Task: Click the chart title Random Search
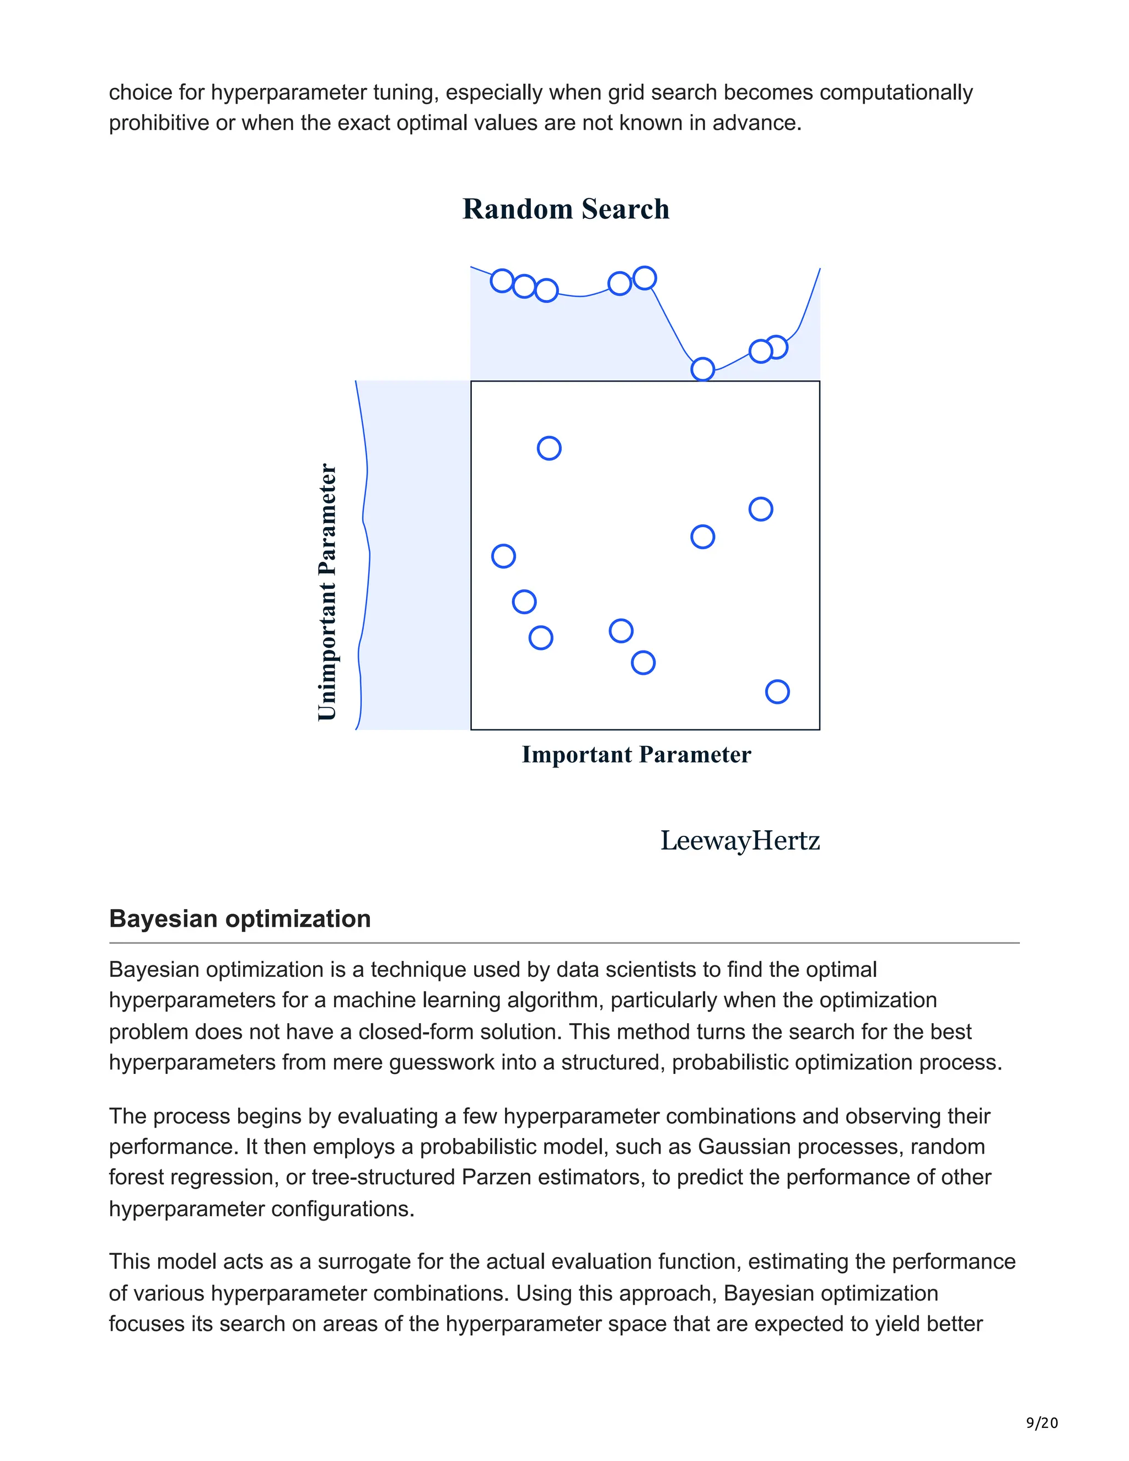tap(565, 209)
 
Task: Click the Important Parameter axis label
tap(636, 755)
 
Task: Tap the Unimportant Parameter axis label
tap(326, 592)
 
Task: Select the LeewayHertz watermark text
tap(740, 841)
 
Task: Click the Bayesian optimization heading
tap(239, 919)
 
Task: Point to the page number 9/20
tap(1041, 1423)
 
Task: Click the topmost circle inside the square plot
tap(549, 448)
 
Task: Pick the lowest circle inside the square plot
tap(777, 692)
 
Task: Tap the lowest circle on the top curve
tap(702, 369)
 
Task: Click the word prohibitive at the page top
tap(159, 123)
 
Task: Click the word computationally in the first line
tap(896, 92)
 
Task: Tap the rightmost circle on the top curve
tap(776, 347)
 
